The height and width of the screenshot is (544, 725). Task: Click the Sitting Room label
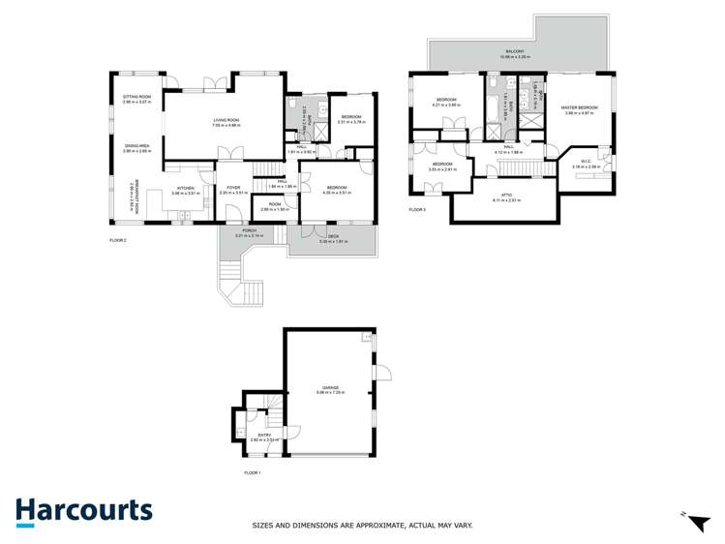[136, 97]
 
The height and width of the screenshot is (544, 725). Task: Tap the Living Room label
[227, 120]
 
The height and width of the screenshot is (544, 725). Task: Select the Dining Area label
[136, 146]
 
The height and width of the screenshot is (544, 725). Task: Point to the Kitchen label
[185, 189]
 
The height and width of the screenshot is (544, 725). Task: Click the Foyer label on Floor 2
[233, 189]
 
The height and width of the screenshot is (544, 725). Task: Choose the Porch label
[249, 230]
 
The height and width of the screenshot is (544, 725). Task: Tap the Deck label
[332, 236]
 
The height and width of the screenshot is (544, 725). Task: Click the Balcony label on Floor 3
[513, 51]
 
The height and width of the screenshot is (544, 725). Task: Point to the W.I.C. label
[586, 162]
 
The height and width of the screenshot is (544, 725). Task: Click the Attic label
[506, 196]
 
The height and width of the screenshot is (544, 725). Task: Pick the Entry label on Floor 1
[258, 436]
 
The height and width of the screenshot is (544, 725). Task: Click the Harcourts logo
[83, 510]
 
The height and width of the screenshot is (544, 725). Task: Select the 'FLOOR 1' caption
[253, 472]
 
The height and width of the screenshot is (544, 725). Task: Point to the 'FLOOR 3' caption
[417, 209]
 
